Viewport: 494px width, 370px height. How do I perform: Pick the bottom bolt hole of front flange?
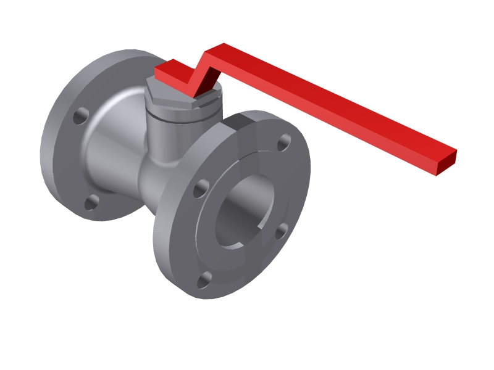[x=204, y=281]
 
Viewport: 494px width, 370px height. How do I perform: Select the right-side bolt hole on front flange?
[x=281, y=231]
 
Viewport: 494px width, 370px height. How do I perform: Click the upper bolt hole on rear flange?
[x=81, y=116]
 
